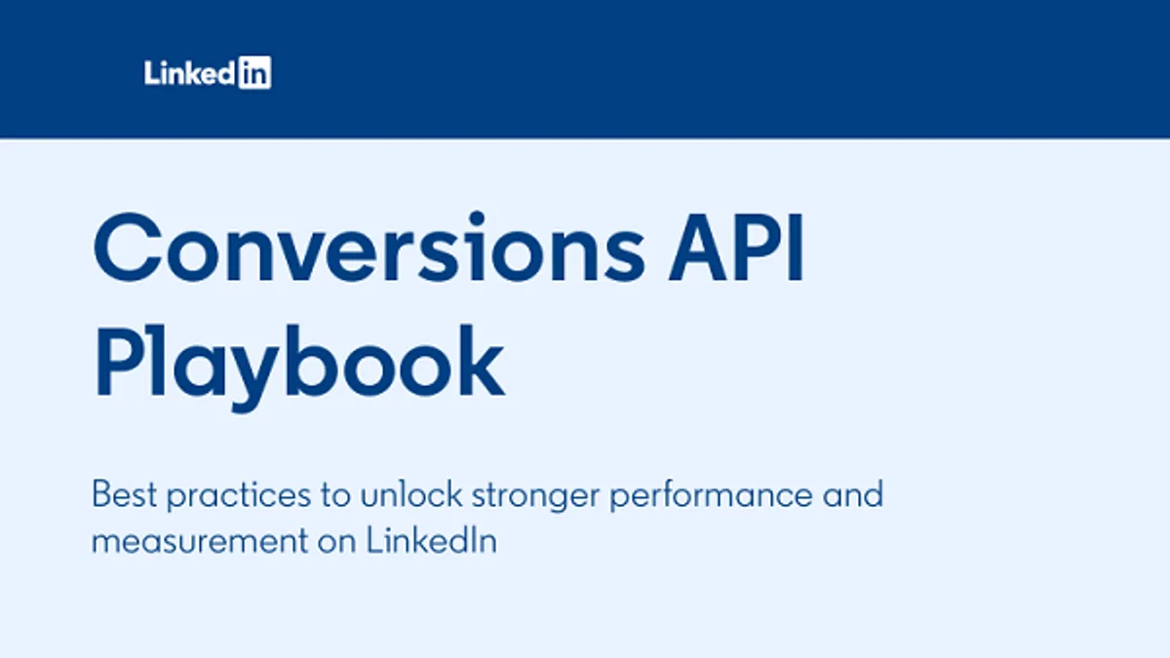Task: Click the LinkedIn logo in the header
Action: (x=208, y=73)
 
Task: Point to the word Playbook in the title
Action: (x=298, y=363)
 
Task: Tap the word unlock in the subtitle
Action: (x=410, y=494)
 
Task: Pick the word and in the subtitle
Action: (x=851, y=494)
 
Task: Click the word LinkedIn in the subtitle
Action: (x=432, y=541)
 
